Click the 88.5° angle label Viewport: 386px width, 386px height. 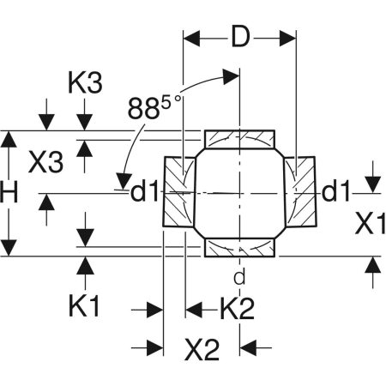154,109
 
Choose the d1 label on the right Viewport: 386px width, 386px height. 335,191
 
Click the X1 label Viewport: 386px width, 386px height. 371,224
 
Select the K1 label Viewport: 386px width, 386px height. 85,306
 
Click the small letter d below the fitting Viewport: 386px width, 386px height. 239,276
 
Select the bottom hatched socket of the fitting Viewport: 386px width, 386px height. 240,247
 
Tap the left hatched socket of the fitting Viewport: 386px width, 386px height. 177,193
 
